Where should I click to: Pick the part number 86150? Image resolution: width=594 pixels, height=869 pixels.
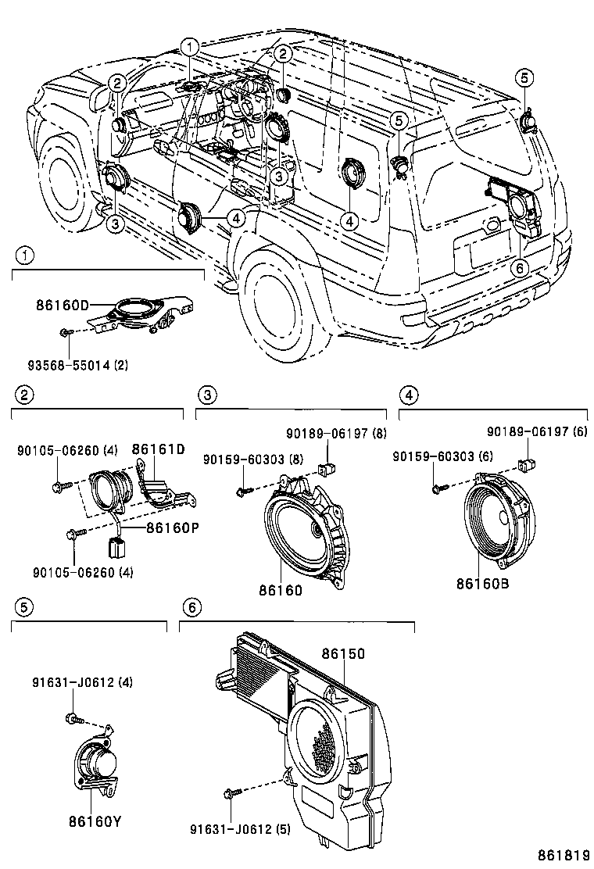(343, 651)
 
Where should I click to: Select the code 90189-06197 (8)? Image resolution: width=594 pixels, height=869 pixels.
(336, 433)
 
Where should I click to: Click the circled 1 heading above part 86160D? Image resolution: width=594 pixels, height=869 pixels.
(26, 256)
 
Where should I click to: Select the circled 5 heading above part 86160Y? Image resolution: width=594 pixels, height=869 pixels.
(24, 606)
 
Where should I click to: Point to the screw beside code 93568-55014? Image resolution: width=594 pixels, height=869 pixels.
(66, 334)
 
